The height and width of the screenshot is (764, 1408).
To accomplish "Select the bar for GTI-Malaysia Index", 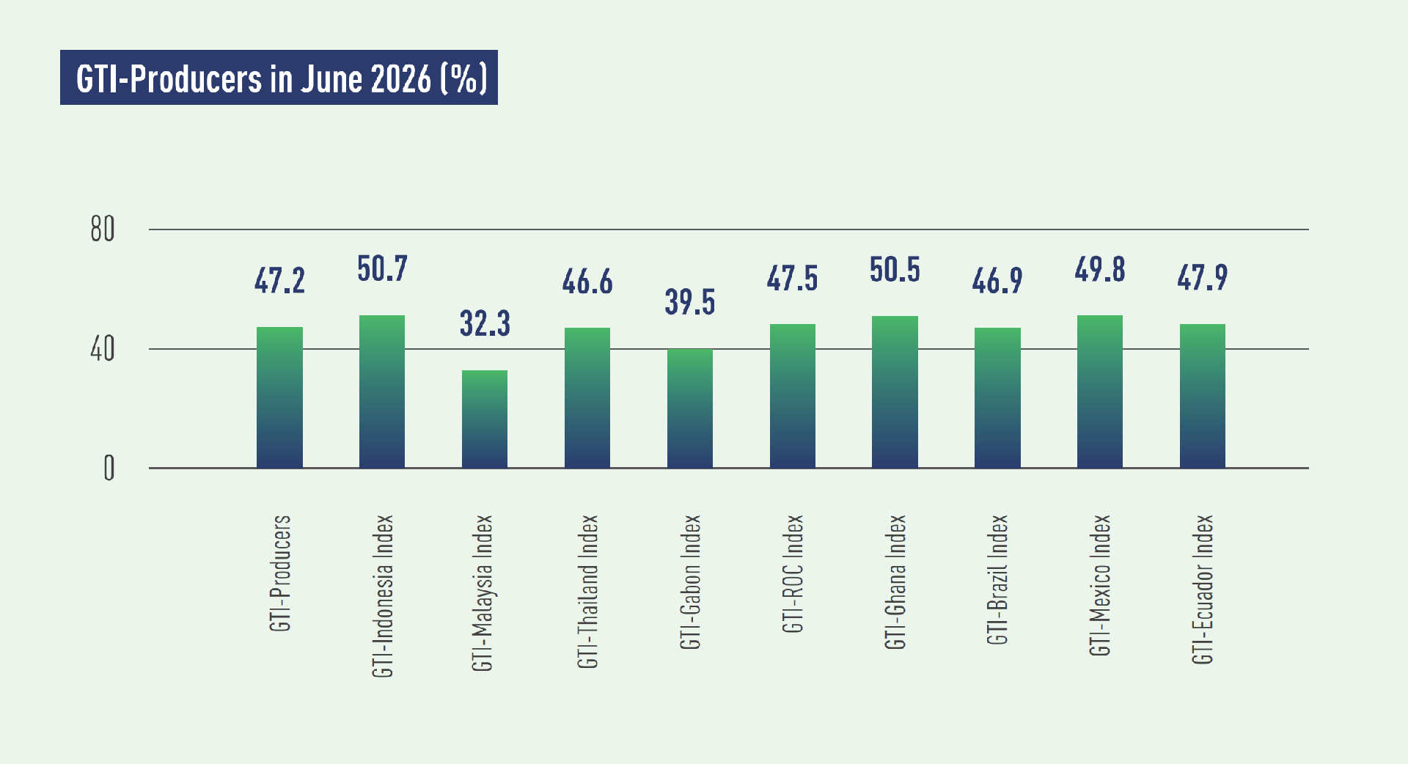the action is [x=485, y=419].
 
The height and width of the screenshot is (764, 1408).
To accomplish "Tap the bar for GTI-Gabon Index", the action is [x=690, y=408].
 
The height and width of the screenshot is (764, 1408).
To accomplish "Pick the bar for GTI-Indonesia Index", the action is [x=382, y=392].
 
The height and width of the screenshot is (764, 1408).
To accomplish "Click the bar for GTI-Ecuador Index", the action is [x=1203, y=396].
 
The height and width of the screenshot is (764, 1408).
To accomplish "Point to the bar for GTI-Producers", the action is [x=279, y=397].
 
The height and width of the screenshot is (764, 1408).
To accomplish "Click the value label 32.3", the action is [x=485, y=323].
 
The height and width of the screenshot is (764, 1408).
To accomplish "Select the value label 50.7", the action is [x=382, y=269].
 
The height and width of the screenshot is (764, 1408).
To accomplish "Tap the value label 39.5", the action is [x=690, y=302].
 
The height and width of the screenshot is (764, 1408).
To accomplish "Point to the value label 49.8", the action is [x=1100, y=270].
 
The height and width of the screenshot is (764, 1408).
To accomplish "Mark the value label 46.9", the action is [x=997, y=281].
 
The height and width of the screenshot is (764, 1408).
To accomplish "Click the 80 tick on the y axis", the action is [x=103, y=229].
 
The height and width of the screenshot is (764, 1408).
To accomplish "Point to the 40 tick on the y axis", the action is [x=103, y=349].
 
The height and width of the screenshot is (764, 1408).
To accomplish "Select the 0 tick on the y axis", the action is [x=109, y=468].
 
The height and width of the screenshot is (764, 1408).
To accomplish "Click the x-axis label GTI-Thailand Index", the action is [x=588, y=592].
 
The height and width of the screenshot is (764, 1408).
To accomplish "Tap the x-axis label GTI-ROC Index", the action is [x=793, y=573].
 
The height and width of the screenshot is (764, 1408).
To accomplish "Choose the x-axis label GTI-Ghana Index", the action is [x=895, y=582].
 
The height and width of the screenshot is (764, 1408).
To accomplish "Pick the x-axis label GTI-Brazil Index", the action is [x=997, y=580].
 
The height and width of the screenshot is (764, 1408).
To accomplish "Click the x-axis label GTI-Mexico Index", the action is [x=1100, y=585].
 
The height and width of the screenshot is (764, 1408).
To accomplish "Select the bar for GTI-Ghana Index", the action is [x=895, y=392].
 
